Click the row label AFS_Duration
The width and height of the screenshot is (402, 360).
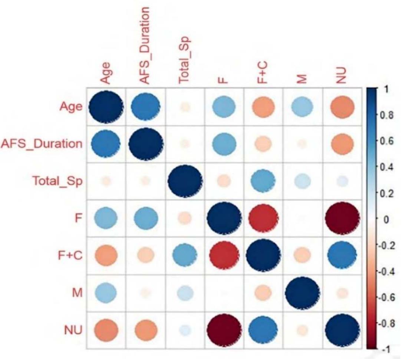[42, 144]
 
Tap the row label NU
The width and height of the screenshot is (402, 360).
[73, 330]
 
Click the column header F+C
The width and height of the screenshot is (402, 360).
[263, 73]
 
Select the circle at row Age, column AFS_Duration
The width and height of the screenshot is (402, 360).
[145, 107]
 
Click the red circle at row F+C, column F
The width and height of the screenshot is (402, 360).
[224, 255]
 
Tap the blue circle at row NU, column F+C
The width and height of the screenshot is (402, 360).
[263, 330]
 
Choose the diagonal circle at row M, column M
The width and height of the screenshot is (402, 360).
[302, 293]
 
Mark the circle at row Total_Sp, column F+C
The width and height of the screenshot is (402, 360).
[263, 181]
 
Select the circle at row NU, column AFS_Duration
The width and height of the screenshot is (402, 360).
[145, 330]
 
